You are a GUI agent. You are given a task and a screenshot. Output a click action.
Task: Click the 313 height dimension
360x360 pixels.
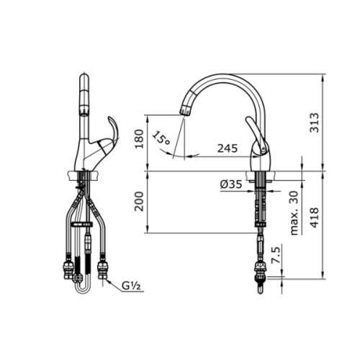point(315,122)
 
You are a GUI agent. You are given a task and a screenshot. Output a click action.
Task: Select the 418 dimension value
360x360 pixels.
point(315,217)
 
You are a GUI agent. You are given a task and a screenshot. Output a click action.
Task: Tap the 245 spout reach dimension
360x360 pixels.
point(228,148)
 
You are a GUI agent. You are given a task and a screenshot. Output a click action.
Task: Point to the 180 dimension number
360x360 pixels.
point(139,139)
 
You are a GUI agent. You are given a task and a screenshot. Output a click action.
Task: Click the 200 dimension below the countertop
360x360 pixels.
point(139,202)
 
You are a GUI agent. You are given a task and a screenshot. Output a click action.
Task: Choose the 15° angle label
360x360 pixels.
point(161,138)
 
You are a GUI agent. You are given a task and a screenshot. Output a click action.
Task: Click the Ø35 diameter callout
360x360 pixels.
point(231,184)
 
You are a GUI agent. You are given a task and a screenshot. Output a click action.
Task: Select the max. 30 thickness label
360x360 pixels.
point(294,213)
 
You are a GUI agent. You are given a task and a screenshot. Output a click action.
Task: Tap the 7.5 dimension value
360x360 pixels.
point(276,255)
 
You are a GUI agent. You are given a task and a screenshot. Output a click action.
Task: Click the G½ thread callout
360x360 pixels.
point(131,286)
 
